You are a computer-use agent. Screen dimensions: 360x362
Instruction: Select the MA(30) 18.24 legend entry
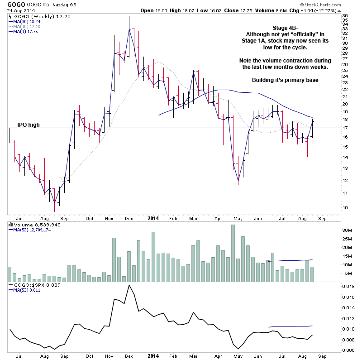point(27,21)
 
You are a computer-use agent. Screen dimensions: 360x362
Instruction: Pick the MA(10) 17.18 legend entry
point(27,26)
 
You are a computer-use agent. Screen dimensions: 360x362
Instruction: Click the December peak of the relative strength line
point(129,285)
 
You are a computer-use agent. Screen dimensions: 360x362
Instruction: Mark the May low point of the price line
point(238,181)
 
